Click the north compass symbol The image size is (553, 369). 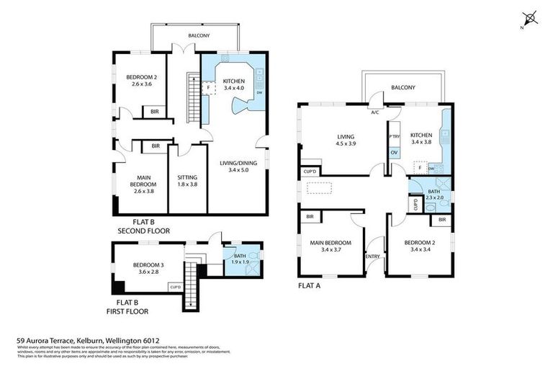531,17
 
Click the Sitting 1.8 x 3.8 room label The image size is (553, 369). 187,180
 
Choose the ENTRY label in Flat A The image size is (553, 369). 372,257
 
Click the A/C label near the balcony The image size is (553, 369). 374,112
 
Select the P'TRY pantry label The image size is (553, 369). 394,137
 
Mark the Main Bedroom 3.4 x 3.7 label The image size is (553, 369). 331,246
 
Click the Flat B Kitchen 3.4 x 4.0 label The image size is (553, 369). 234,85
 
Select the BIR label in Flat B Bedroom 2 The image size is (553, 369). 155,112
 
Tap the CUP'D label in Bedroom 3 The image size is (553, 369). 175,287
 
